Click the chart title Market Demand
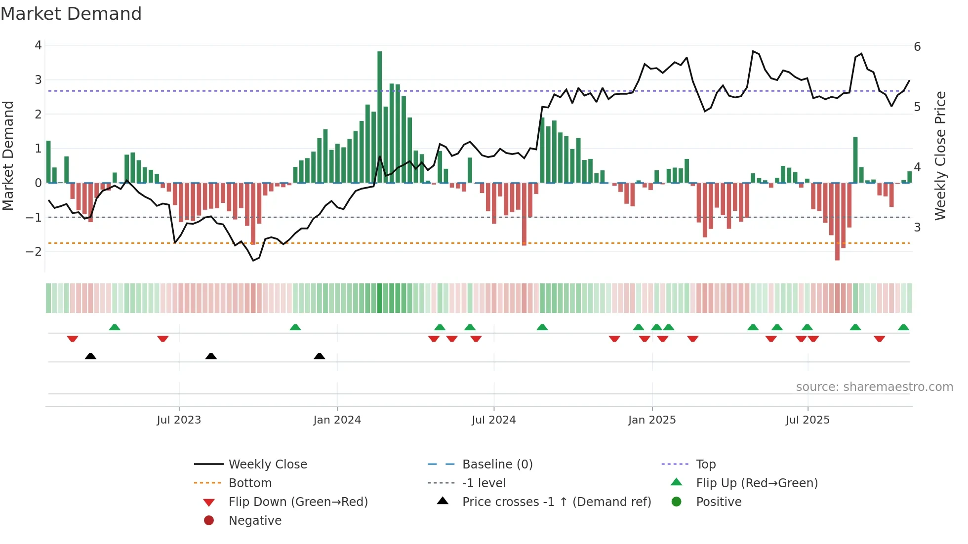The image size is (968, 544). click(71, 13)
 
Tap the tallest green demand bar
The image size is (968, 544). click(379, 117)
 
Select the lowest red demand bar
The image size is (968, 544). click(837, 221)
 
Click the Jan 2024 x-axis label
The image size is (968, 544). click(337, 420)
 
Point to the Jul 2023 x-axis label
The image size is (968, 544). click(179, 420)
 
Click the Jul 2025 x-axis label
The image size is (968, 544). click(807, 420)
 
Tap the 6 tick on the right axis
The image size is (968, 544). click(917, 47)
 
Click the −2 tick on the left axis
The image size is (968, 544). click(34, 251)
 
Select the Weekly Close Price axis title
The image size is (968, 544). click(940, 155)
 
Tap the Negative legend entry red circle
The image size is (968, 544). click(209, 520)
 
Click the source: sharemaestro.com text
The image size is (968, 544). click(874, 387)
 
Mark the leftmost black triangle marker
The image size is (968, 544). click(90, 356)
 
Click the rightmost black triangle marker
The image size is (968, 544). click(320, 356)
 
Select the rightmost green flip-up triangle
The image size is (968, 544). click(903, 327)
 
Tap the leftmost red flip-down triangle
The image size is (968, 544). click(73, 339)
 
